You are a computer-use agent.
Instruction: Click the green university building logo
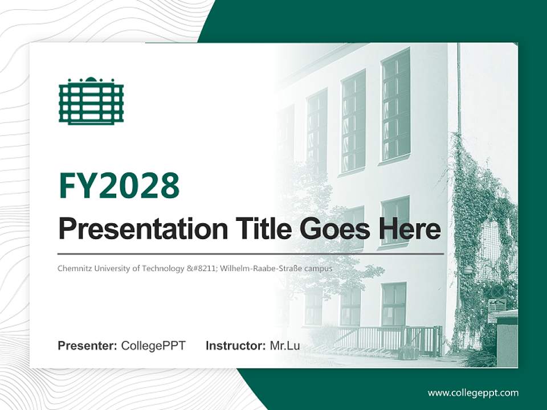[91, 101]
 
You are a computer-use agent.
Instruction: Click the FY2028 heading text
[119, 185]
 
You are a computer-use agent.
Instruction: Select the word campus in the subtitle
[320, 268]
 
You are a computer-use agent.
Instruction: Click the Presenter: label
[88, 346]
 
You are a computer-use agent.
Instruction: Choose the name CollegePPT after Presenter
[153, 346]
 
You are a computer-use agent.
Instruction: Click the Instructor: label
[235, 346]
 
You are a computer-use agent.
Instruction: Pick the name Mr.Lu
[285, 346]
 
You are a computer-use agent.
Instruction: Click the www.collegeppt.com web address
[473, 392]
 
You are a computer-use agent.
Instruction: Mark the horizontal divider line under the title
[251, 253]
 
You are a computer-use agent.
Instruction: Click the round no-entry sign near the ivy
[497, 291]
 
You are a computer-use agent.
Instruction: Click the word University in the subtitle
[112, 268]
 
